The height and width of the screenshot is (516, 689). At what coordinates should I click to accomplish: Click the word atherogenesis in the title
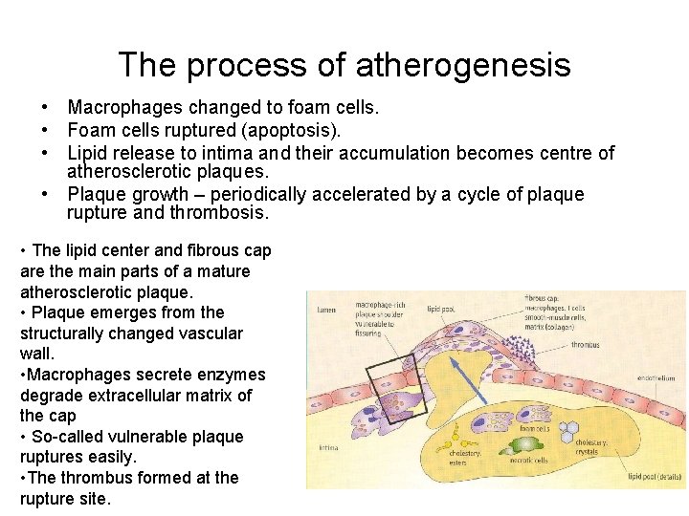(463, 66)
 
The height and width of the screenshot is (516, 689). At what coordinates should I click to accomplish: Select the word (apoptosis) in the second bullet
(292, 129)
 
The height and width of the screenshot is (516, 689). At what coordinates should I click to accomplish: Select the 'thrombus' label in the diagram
(587, 345)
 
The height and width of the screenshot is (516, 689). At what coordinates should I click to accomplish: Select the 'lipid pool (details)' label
(656, 475)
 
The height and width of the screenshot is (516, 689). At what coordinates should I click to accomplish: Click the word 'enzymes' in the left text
(212, 375)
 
